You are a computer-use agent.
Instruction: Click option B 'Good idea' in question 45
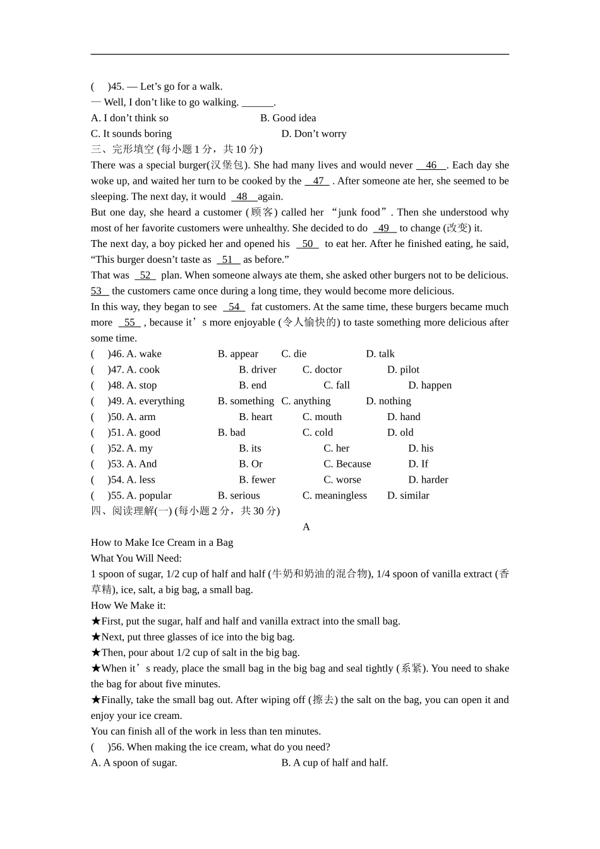[288, 118]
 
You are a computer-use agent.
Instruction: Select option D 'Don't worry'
[314, 134]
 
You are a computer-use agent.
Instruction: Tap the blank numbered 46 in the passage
[431, 166]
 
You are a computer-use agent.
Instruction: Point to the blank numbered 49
[384, 229]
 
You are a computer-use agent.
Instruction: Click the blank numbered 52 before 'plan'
[145, 275]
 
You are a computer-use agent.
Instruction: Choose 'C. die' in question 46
[294, 354]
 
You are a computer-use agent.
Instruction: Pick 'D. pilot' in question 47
[403, 370]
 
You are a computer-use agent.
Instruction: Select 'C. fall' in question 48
[337, 385]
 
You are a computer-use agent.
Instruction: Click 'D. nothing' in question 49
[388, 401]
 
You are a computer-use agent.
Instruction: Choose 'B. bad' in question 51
[231, 433]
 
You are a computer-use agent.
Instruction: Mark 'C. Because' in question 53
[347, 464]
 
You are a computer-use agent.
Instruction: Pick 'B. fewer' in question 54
[257, 479]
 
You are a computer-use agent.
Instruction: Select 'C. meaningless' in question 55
[335, 495]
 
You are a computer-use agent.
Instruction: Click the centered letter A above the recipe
[306, 527]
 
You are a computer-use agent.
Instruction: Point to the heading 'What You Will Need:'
[136, 558]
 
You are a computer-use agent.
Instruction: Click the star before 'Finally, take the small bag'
[96, 700]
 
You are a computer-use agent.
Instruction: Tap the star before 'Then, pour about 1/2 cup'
[96, 653]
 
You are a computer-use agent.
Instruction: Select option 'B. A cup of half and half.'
[335, 763]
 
